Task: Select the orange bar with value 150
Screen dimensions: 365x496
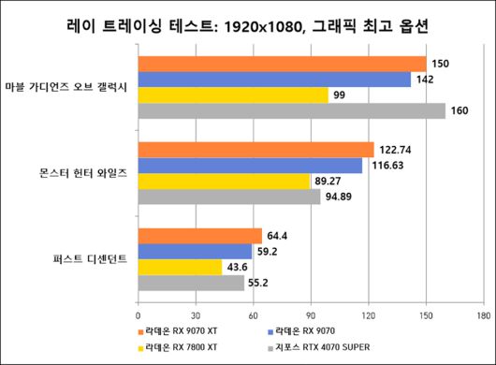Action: coord(282,64)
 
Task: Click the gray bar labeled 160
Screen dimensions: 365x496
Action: coord(291,110)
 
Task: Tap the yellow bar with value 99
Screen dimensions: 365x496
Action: coord(233,95)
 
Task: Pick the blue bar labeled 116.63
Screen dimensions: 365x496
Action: coord(250,166)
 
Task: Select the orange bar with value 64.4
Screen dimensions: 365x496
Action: coord(200,236)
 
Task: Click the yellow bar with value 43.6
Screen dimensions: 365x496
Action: coord(180,268)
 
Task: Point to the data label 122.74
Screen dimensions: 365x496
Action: coord(398,150)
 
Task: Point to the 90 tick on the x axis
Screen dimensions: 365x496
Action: coord(311,314)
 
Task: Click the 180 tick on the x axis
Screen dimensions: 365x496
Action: coord(483,314)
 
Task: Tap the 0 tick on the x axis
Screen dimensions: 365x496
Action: coord(139,314)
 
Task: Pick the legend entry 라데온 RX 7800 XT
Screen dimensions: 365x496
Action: coord(182,347)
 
